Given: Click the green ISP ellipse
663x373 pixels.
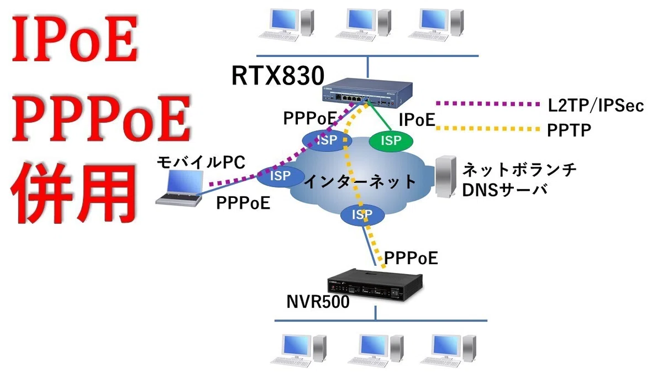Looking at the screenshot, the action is [391, 141].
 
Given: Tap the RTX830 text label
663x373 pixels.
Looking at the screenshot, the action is [277, 76].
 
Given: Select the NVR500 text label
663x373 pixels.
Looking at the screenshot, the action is [318, 302].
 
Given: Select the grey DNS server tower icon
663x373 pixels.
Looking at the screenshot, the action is [446, 177].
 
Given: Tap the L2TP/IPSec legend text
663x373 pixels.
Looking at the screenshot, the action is [596, 106].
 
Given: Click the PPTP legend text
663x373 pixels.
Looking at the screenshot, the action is [569, 130].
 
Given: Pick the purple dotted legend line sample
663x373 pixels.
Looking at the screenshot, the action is [488, 104].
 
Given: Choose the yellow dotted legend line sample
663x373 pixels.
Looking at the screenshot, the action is [488, 128].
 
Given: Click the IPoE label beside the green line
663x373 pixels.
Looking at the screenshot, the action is [417, 120].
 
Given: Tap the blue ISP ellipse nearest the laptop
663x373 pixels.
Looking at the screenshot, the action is [280, 176].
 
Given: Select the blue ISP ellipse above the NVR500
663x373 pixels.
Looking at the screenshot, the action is [362, 214].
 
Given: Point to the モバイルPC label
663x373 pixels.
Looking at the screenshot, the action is [201, 162].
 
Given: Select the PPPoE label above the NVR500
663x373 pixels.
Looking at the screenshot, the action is [411, 258].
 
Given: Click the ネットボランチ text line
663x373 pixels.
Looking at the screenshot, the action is [519, 170].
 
